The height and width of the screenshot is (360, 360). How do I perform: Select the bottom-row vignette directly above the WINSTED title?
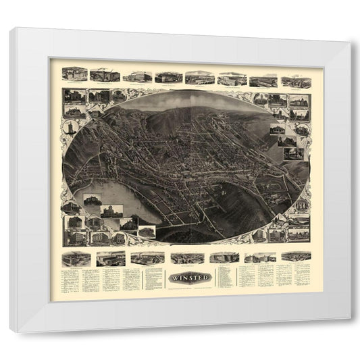pos(184,257)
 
